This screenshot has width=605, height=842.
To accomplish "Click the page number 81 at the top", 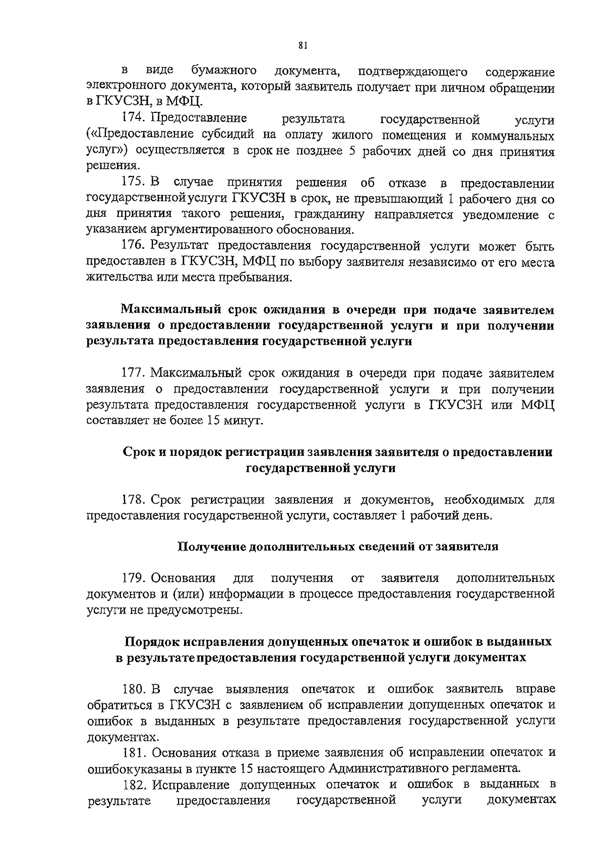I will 302,46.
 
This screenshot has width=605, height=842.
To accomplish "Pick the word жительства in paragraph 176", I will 116,277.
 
